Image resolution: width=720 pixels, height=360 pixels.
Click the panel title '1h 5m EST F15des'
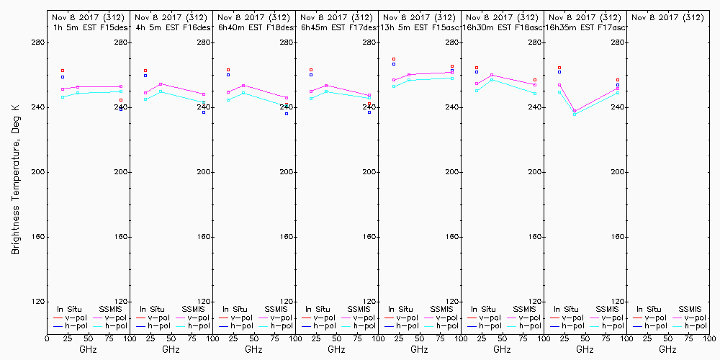point(88,27)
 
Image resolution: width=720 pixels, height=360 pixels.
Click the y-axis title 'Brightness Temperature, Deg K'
point(15,176)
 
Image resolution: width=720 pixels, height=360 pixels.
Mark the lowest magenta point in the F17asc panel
point(575,111)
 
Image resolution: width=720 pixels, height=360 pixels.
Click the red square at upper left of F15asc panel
point(394,59)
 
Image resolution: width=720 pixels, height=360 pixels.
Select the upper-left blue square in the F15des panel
point(63,77)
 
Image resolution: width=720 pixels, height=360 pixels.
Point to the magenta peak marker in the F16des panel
point(161,84)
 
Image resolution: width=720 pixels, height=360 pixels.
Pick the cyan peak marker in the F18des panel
point(243,93)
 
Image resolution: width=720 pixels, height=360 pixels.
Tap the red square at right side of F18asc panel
point(535,80)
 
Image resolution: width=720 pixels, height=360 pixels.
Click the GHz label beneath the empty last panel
point(667,349)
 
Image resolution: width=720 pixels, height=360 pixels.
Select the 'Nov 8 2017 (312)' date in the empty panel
point(667,17)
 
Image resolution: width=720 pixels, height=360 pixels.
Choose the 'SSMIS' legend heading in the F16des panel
point(194,309)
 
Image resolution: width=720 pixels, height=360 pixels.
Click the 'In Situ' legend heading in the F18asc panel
point(482,309)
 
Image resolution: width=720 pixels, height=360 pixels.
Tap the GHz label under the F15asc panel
point(419,349)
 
